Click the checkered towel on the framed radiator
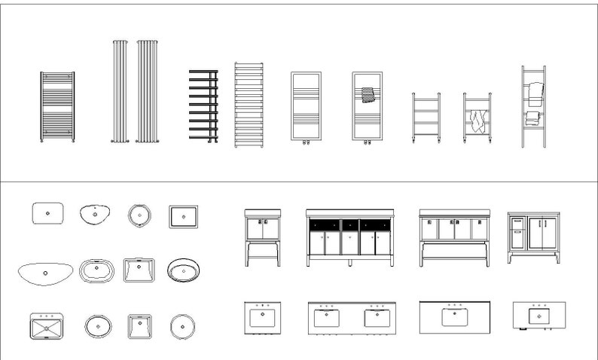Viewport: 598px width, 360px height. click(368, 95)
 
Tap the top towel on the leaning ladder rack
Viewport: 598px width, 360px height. click(535, 93)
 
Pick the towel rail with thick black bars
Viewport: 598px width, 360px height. click(203, 105)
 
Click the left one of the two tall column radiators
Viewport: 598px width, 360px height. click(120, 90)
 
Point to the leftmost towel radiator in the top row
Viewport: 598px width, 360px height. click(57, 106)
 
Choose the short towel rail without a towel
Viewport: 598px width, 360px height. click(426, 117)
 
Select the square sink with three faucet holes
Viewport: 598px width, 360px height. click(47, 328)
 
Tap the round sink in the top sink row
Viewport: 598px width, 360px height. click(139, 215)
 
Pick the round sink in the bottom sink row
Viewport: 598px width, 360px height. click(182, 327)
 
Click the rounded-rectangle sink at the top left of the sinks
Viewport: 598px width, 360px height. click(47, 214)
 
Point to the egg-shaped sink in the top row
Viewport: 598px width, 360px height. click(95, 214)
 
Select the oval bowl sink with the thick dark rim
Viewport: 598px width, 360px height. click(184, 270)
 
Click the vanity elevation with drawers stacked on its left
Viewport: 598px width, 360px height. click(534, 236)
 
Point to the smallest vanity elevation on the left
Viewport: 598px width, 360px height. click(263, 236)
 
